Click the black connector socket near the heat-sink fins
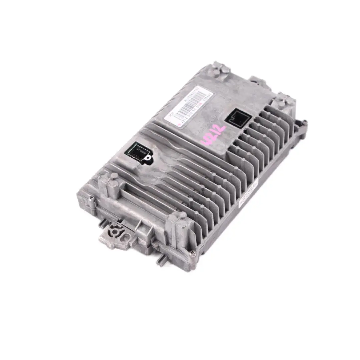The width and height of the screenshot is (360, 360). (x=238, y=118)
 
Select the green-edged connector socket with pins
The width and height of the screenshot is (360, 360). (x=137, y=152)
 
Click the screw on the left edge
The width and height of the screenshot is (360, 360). (x=91, y=199)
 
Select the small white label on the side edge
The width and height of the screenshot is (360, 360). (x=248, y=194)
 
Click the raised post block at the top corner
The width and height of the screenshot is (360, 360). (x=220, y=69)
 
